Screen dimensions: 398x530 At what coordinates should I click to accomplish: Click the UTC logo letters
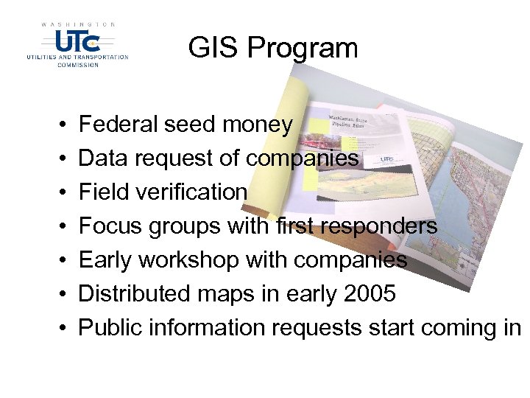[77, 40]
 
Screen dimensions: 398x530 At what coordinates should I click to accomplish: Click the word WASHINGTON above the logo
[78, 24]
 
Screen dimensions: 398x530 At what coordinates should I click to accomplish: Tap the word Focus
[110, 226]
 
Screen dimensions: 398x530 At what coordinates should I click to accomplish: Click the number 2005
[370, 294]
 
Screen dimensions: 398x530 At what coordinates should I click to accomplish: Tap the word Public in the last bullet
[107, 327]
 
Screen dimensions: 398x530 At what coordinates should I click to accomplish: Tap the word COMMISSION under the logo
[78, 64]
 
